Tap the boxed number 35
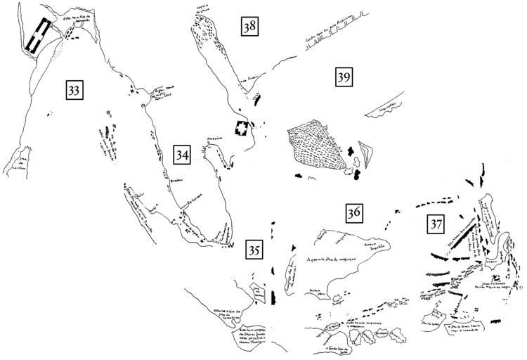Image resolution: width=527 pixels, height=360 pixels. click(255, 249)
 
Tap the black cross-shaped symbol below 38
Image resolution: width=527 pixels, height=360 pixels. click(242, 129)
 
